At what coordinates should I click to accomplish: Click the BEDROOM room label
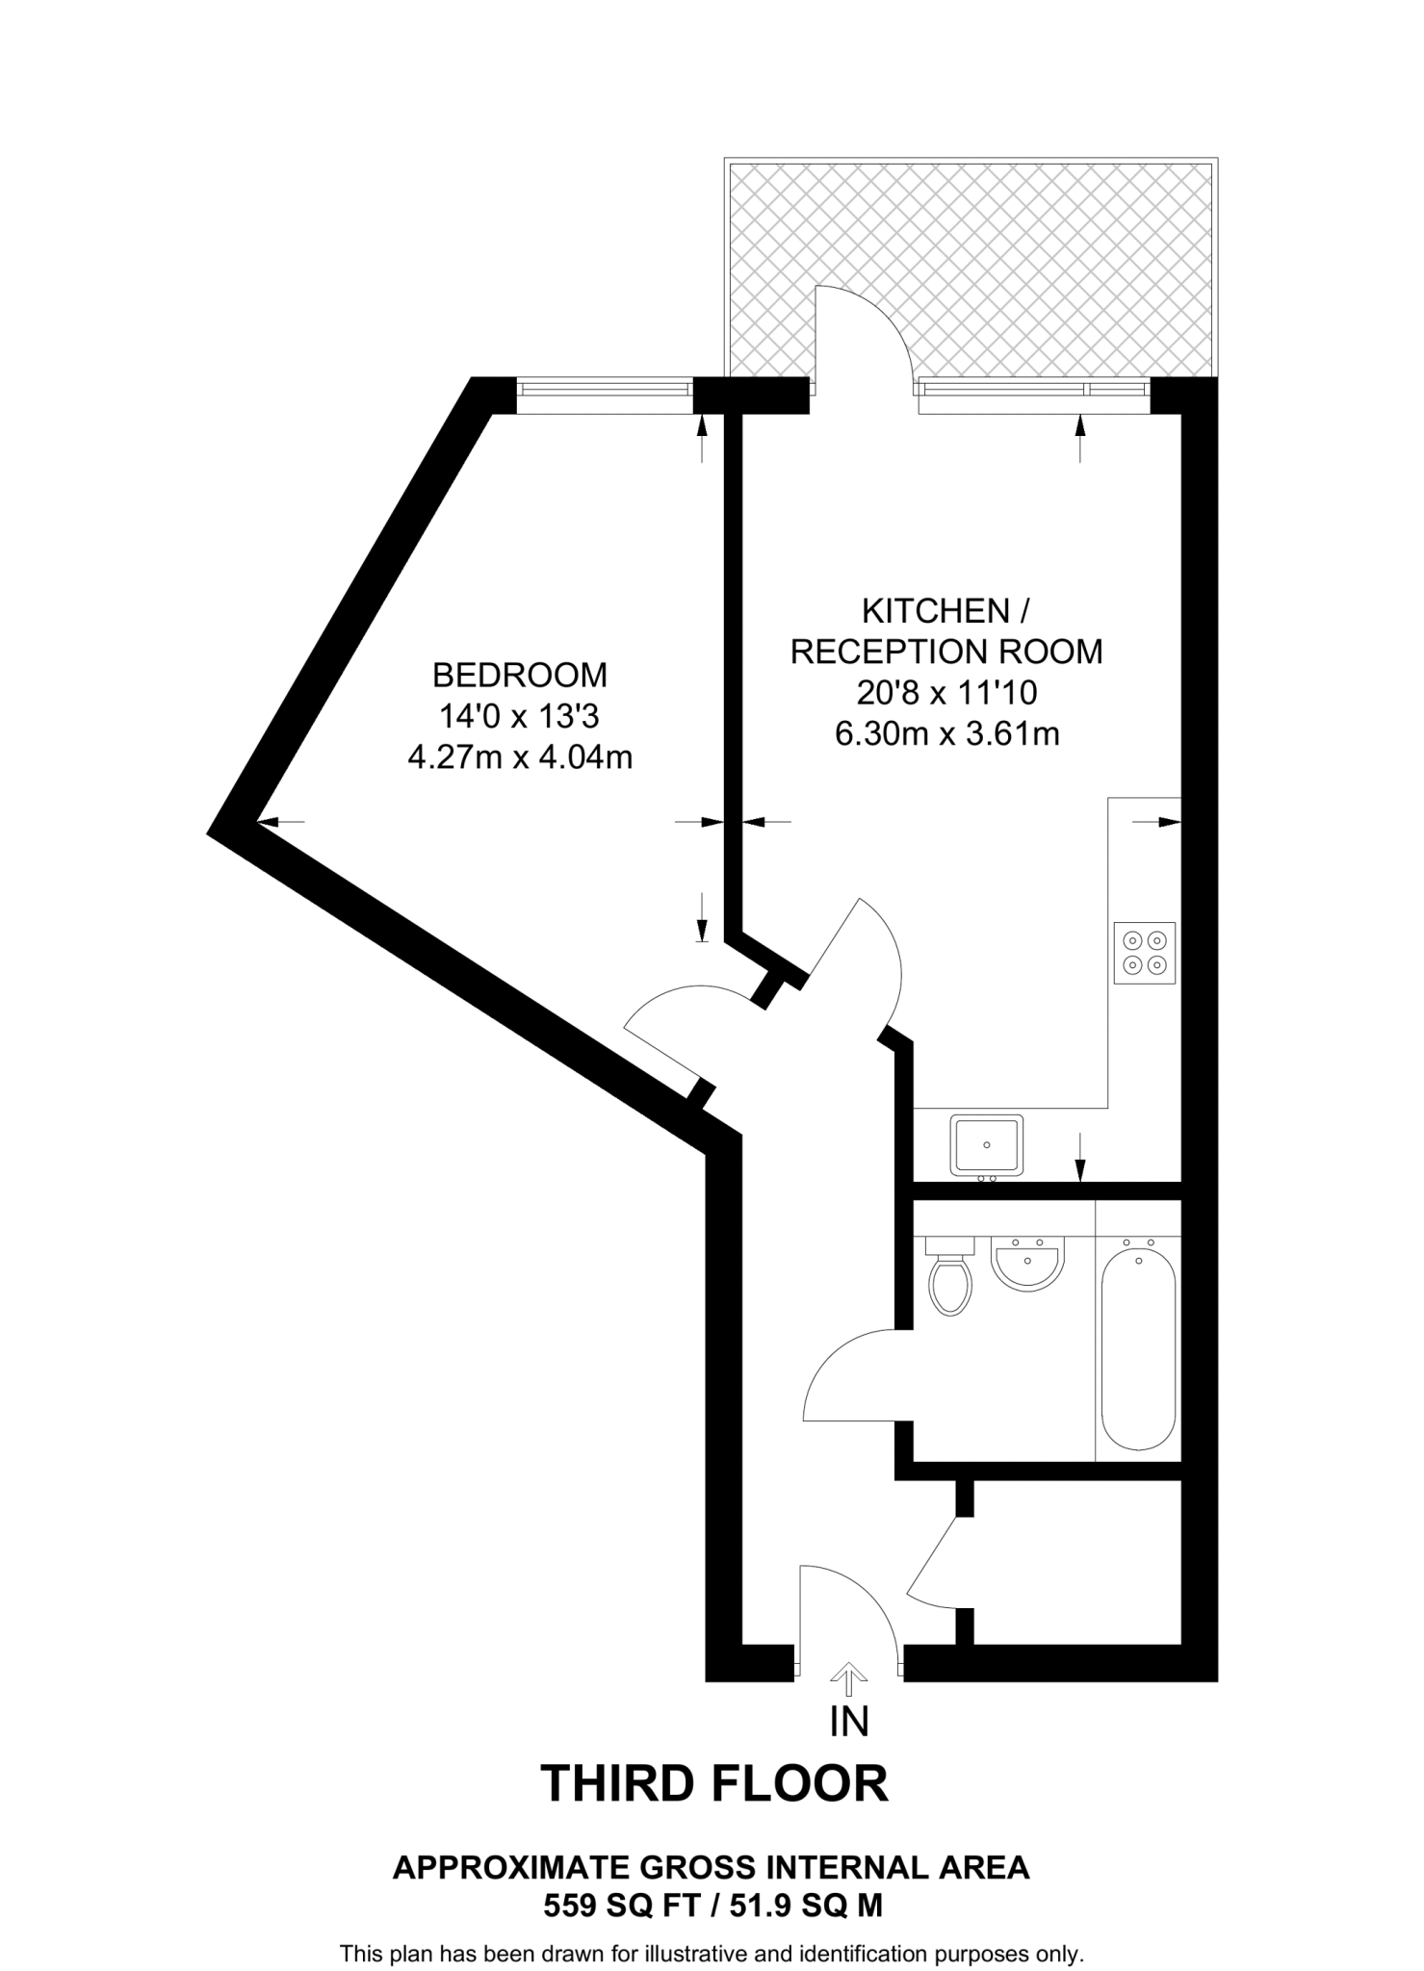[x=520, y=675]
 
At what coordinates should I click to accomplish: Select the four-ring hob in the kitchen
[x=1145, y=953]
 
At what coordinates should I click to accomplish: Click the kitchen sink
[x=986, y=1144]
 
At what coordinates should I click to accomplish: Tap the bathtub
[x=1138, y=1347]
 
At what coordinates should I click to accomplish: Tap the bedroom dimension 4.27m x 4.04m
[x=520, y=757]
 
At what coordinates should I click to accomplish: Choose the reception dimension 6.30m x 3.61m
[x=946, y=734]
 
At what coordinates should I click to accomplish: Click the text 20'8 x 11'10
[x=946, y=692]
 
